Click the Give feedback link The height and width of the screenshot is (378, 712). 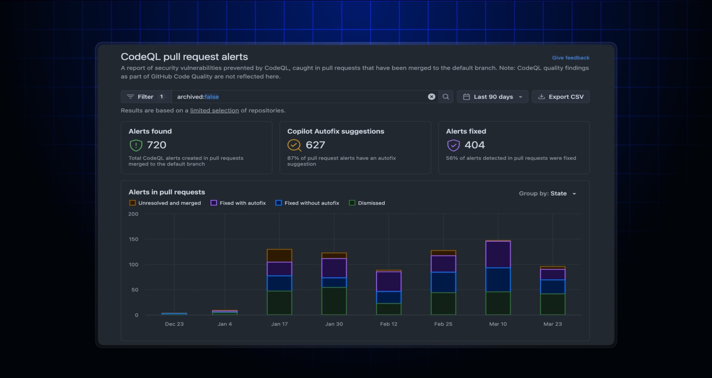pos(571,58)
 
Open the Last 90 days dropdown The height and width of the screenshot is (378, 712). pos(492,97)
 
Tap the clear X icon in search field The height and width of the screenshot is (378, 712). pos(431,97)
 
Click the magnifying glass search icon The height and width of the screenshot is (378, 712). pos(446,97)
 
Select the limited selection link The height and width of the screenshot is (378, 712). pos(214,110)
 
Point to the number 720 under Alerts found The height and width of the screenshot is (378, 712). pos(157,145)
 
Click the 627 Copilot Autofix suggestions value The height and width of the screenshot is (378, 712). pos(315,145)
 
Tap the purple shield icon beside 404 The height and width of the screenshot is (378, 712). pos(453,145)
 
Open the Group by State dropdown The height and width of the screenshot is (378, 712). pos(547,193)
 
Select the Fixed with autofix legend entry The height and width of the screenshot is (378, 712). pos(238,203)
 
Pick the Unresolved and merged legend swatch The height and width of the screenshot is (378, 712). pos(132,203)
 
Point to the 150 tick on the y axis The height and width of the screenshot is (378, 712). pos(133,239)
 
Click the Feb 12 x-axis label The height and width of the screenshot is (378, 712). pos(388,324)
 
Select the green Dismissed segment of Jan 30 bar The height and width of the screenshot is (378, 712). pos(334,301)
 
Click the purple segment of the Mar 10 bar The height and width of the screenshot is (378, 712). pos(498,254)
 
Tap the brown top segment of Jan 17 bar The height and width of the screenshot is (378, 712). pos(279,256)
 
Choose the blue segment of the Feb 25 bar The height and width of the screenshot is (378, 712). pos(443,282)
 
